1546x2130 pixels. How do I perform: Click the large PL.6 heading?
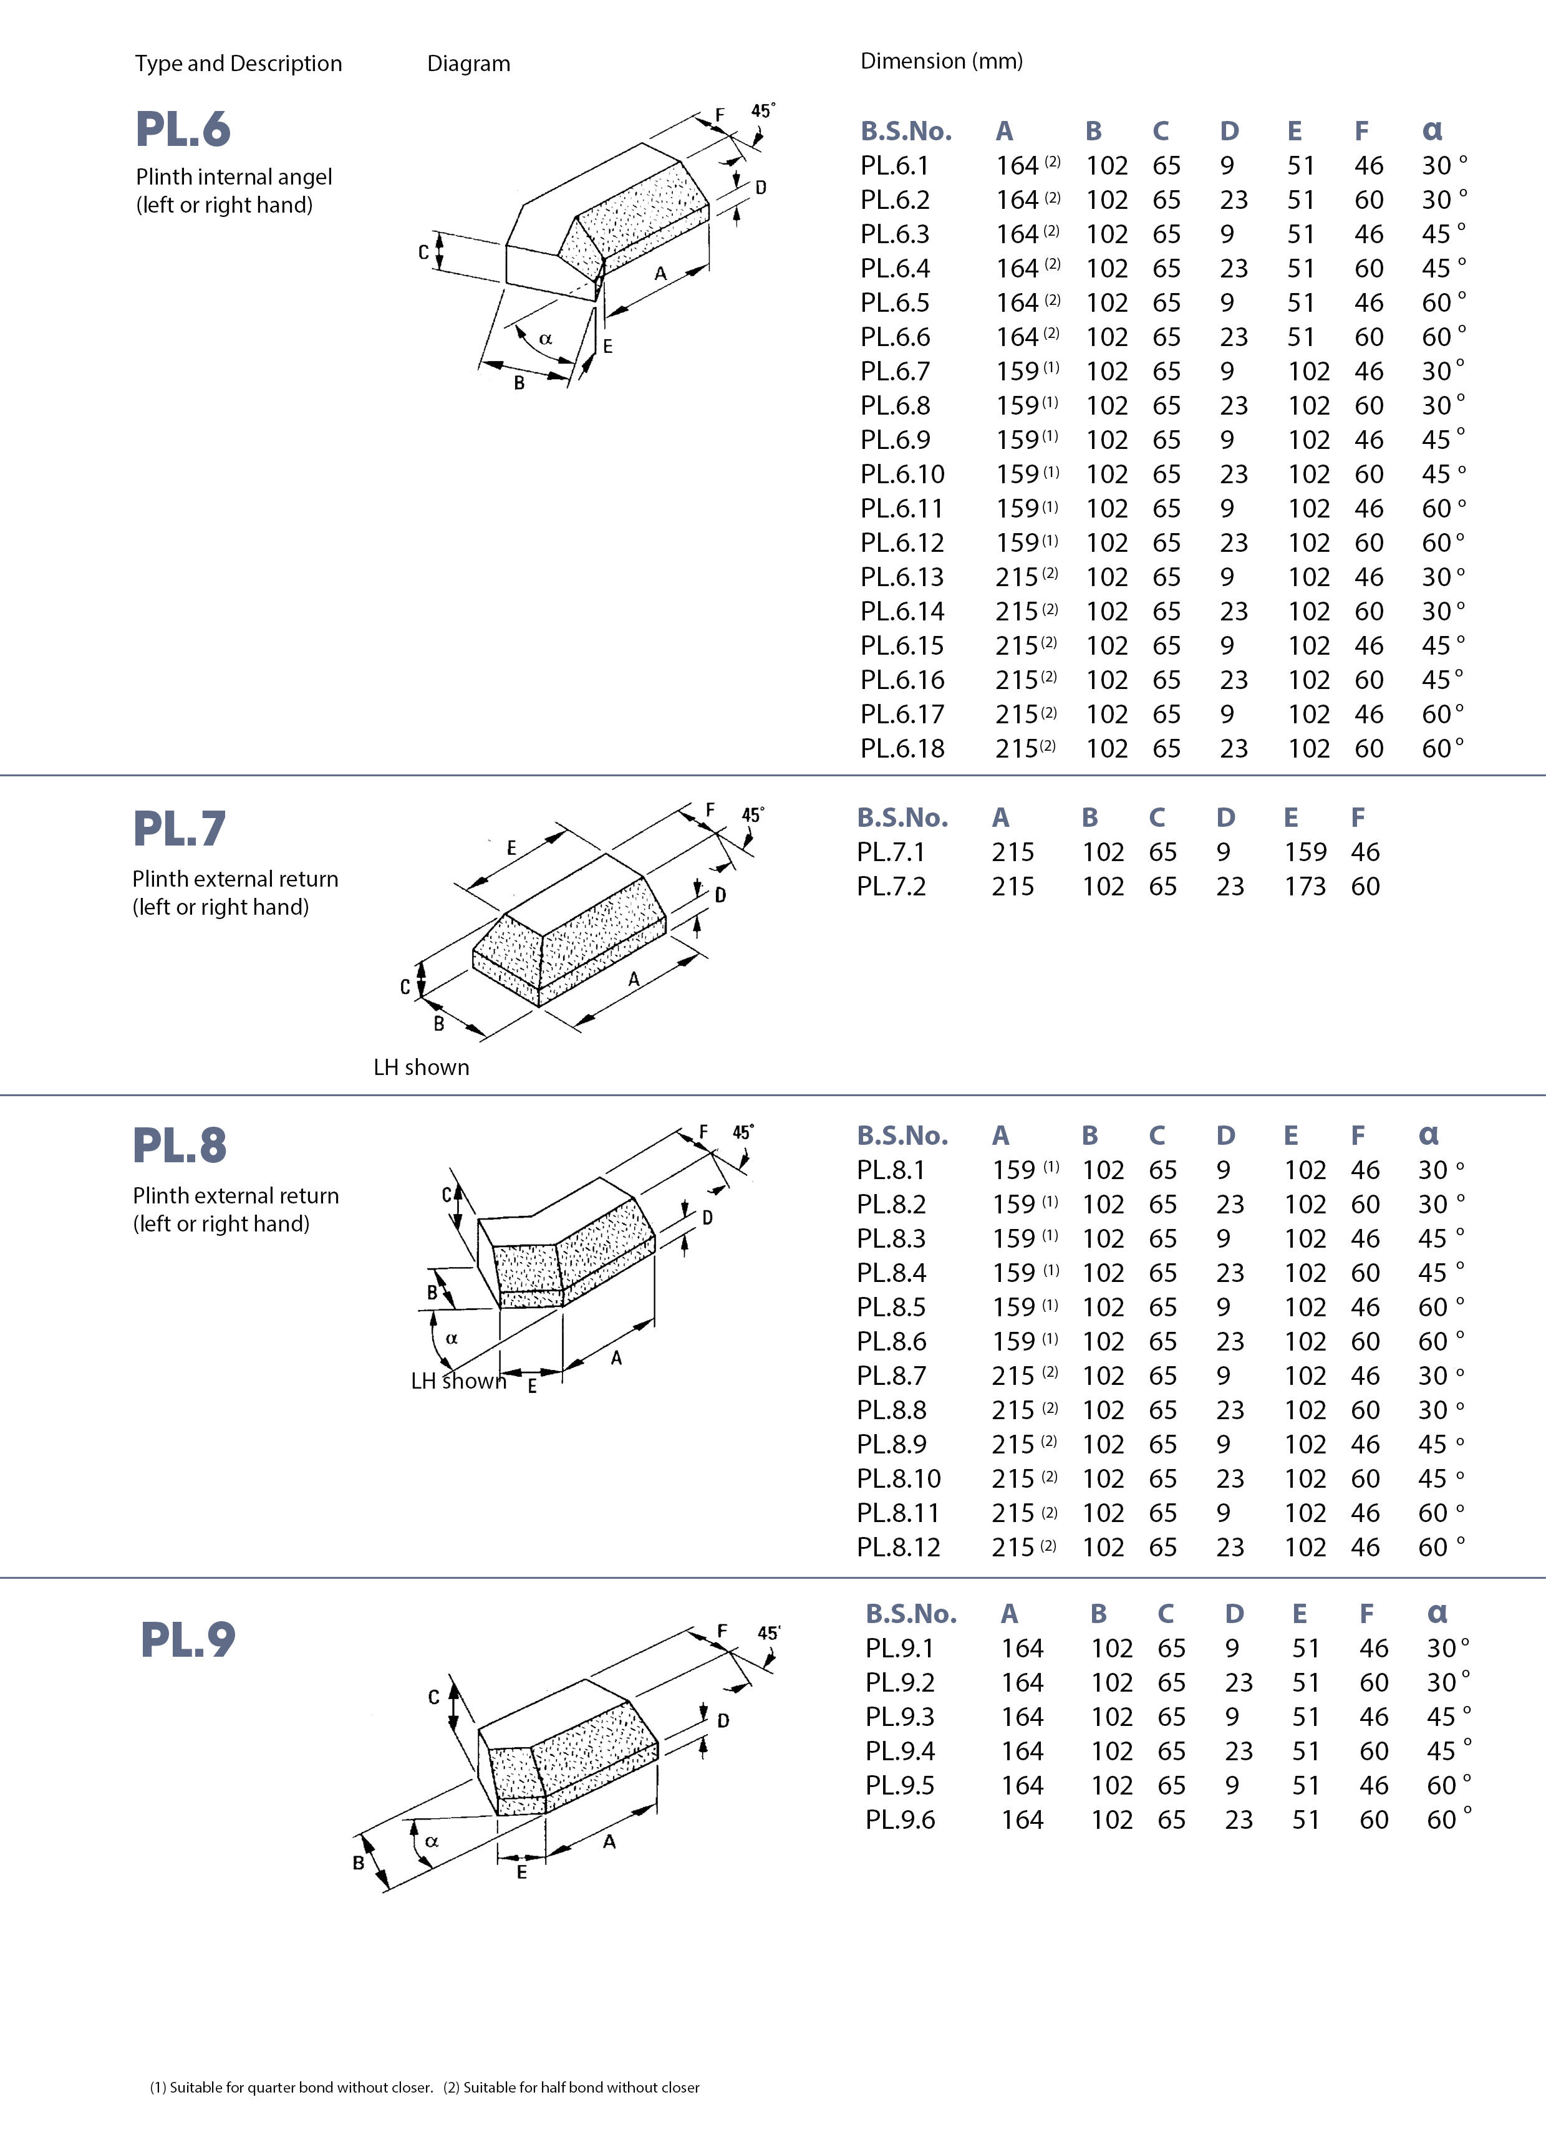(183, 130)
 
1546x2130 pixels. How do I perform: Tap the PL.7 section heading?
(180, 828)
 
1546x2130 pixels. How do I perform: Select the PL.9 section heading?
(188, 1640)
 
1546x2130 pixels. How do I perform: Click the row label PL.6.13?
(902, 577)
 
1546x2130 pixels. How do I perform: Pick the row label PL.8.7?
(891, 1376)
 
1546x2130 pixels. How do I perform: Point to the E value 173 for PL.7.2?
(1305, 887)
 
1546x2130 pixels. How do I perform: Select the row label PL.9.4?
(900, 1752)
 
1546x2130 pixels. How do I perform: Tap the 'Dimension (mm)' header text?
(941, 61)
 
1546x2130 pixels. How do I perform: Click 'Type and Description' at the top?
(239, 64)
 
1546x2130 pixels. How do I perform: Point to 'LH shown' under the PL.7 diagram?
(422, 1068)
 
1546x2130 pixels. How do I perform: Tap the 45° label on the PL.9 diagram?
(768, 1633)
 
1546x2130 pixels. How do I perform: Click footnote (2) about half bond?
(571, 2088)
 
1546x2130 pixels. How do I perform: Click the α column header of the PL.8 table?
(1429, 1135)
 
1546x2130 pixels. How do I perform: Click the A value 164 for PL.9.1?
(1022, 1649)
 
